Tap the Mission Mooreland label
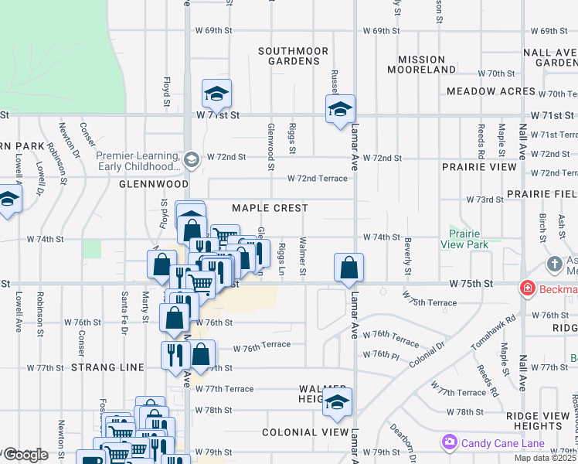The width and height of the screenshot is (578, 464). coord(422,64)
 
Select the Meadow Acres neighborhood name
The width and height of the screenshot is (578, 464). coord(491,91)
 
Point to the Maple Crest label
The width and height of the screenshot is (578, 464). coord(270,208)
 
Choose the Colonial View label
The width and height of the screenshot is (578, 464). coord(305,432)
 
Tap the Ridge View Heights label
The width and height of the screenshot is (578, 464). coord(538,421)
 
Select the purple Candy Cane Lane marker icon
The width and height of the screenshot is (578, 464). coord(449,442)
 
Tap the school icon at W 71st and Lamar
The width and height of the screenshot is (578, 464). coord(339,110)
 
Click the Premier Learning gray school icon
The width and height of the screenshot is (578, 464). coord(192,159)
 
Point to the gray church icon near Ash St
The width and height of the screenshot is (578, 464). coord(554,264)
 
